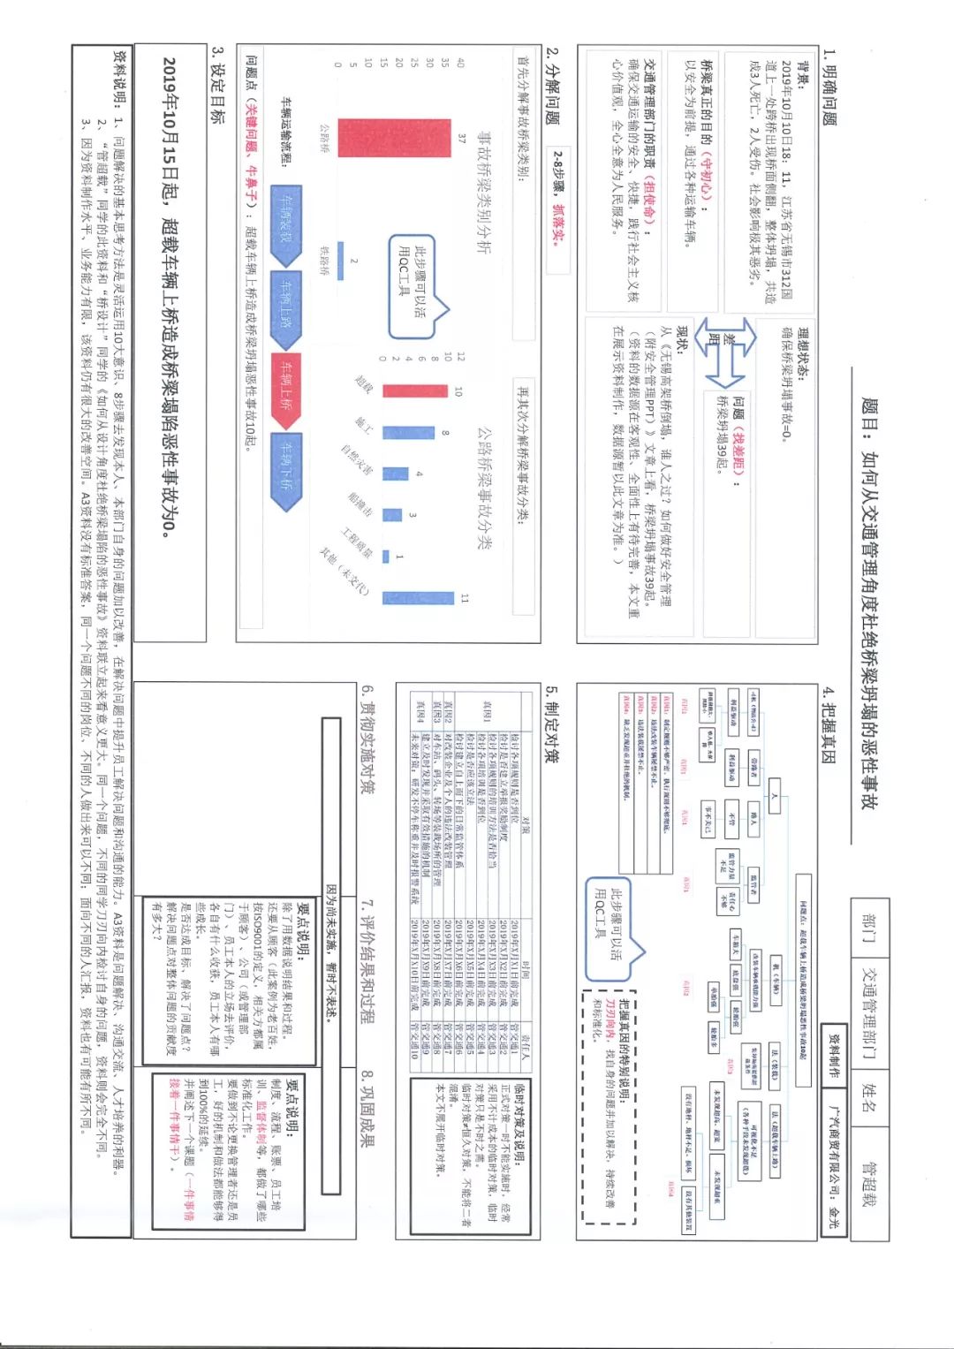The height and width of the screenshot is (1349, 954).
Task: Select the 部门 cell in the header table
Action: point(871,923)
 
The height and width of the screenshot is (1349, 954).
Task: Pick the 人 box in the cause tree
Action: point(775,796)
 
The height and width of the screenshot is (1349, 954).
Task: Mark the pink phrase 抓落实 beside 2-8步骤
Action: point(558,224)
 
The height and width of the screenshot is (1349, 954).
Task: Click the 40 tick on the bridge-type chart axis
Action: point(459,63)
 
